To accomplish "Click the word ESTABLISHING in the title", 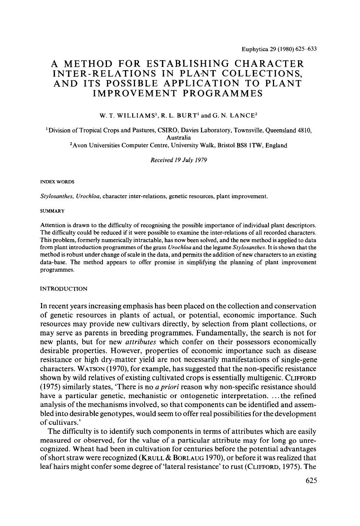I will (x=184, y=63).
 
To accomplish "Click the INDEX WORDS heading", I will (x=57, y=182).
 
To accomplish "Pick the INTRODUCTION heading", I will (x=63, y=289).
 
